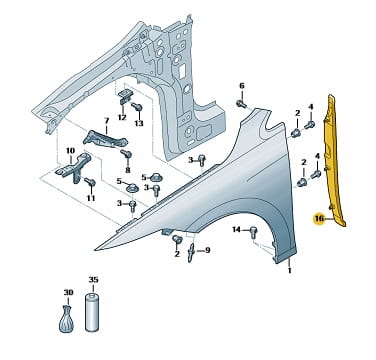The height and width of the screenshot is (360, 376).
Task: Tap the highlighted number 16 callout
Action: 319,219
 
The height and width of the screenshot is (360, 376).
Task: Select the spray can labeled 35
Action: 92,312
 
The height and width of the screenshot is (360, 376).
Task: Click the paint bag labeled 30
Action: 67,319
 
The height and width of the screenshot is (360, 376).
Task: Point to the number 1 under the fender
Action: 289,271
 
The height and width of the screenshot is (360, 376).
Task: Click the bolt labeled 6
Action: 241,104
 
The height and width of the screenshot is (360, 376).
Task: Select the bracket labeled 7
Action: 106,139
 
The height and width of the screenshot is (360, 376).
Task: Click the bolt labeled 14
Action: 253,231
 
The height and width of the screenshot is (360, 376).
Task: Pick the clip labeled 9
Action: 191,252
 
